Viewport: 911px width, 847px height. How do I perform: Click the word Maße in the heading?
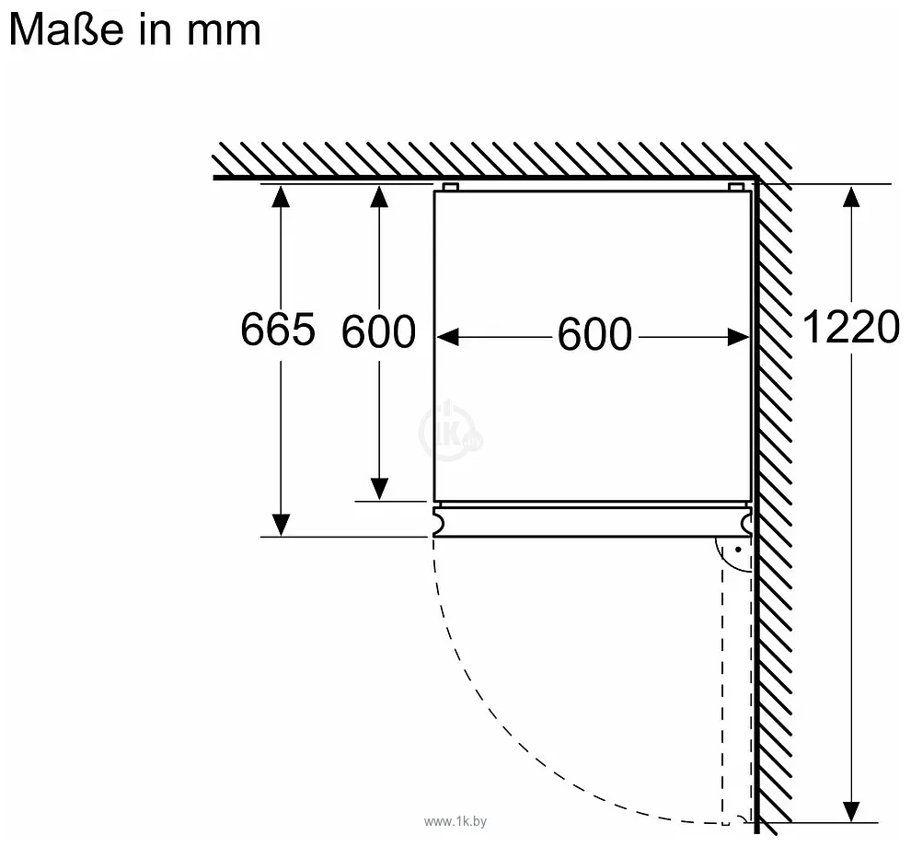pyautogui.click(x=66, y=29)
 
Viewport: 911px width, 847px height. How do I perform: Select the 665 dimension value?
pyautogui.click(x=278, y=329)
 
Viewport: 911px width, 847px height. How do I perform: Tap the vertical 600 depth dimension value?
pyautogui.click(x=378, y=332)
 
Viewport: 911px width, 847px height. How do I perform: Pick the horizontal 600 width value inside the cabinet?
pyautogui.click(x=594, y=334)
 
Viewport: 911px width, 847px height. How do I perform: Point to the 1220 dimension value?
pyautogui.click(x=850, y=327)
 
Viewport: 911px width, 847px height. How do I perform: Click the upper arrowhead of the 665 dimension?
pyautogui.click(x=281, y=196)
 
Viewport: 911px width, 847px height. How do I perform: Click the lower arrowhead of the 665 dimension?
pyautogui.click(x=281, y=525)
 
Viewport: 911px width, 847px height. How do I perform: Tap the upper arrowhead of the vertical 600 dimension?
pyautogui.click(x=379, y=196)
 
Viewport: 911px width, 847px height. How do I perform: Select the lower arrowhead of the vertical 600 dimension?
pyautogui.click(x=379, y=489)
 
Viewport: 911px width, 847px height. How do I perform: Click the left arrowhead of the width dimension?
pyautogui.click(x=447, y=337)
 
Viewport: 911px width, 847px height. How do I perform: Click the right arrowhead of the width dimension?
pyautogui.click(x=739, y=337)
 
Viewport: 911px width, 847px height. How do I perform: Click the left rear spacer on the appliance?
pyautogui.click(x=450, y=187)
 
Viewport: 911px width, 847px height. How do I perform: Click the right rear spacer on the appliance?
pyautogui.click(x=736, y=187)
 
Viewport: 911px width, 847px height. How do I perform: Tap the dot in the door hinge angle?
pyautogui.click(x=738, y=549)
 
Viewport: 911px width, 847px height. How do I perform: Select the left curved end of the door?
pyautogui.click(x=439, y=521)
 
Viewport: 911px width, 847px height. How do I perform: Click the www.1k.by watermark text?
pyautogui.click(x=455, y=821)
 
